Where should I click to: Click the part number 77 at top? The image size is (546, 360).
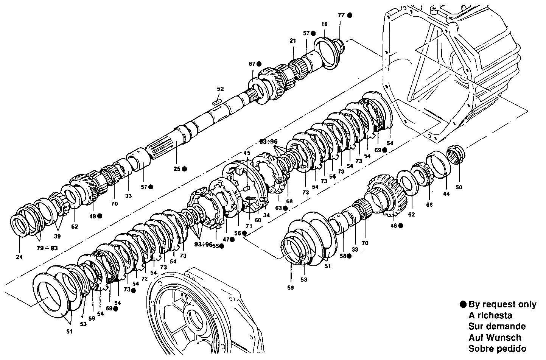pyautogui.click(x=341, y=15)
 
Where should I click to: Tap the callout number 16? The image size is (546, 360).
pyautogui.click(x=324, y=24)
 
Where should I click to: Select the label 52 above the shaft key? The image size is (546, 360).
pyautogui.click(x=221, y=89)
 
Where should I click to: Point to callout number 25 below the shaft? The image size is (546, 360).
pyautogui.click(x=177, y=169)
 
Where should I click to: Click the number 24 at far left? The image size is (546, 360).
pyautogui.click(x=19, y=257)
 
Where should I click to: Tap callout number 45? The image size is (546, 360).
pyautogui.click(x=247, y=153)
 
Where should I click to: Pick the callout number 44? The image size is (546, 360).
pyautogui.click(x=446, y=194)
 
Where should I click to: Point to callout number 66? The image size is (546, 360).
pyautogui.click(x=429, y=204)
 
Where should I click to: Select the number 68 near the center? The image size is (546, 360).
pyautogui.click(x=289, y=201)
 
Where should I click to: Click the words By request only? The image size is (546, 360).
pyautogui.click(x=502, y=304)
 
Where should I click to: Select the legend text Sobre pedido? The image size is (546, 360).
pyautogui.click(x=497, y=349)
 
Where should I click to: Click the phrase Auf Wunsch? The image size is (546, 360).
pyautogui.click(x=495, y=338)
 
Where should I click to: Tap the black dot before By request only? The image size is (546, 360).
pyautogui.click(x=463, y=304)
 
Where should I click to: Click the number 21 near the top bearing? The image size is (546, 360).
pyautogui.click(x=292, y=41)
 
